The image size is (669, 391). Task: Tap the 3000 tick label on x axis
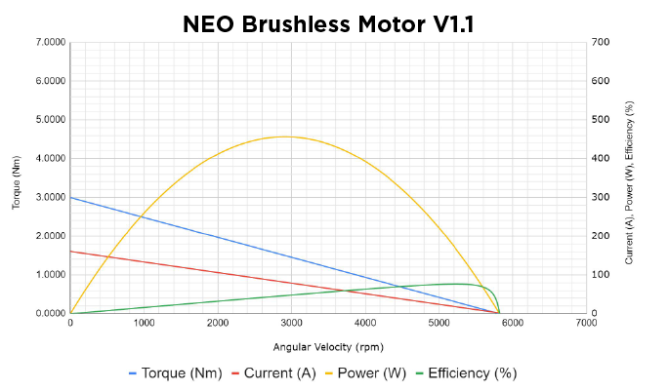point(291,323)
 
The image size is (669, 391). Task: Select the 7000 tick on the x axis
point(586,323)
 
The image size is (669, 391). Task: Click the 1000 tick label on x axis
point(144,323)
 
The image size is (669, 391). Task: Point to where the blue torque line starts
point(70,197)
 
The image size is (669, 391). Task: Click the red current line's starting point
point(70,252)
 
